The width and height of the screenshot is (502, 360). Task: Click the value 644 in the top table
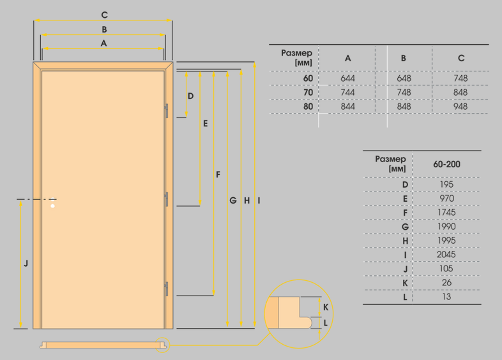(347, 79)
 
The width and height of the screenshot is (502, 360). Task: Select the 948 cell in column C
(460, 107)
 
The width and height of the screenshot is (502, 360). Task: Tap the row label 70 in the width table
(308, 93)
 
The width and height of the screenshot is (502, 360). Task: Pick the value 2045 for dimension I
(446, 255)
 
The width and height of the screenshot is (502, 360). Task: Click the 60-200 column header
(446, 164)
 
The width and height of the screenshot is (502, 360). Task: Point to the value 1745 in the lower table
(446, 212)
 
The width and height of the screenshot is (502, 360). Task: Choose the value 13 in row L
(446, 297)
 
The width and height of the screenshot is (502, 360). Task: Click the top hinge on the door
(167, 110)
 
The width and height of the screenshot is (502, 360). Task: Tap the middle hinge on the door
(167, 199)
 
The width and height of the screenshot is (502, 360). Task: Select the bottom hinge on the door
(167, 289)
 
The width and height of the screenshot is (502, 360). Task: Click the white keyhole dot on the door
(53, 206)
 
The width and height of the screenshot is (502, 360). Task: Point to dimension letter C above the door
(104, 15)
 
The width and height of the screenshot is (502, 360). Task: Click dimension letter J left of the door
(26, 264)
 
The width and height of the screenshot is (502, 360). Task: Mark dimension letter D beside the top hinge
(190, 96)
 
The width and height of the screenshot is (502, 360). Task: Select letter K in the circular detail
(326, 307)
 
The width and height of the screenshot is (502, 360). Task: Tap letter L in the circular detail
(325, 323)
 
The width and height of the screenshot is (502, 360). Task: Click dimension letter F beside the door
(218, 175)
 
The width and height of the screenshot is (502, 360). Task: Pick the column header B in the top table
(404, 58)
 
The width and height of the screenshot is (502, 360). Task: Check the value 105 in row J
(446, 269)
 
